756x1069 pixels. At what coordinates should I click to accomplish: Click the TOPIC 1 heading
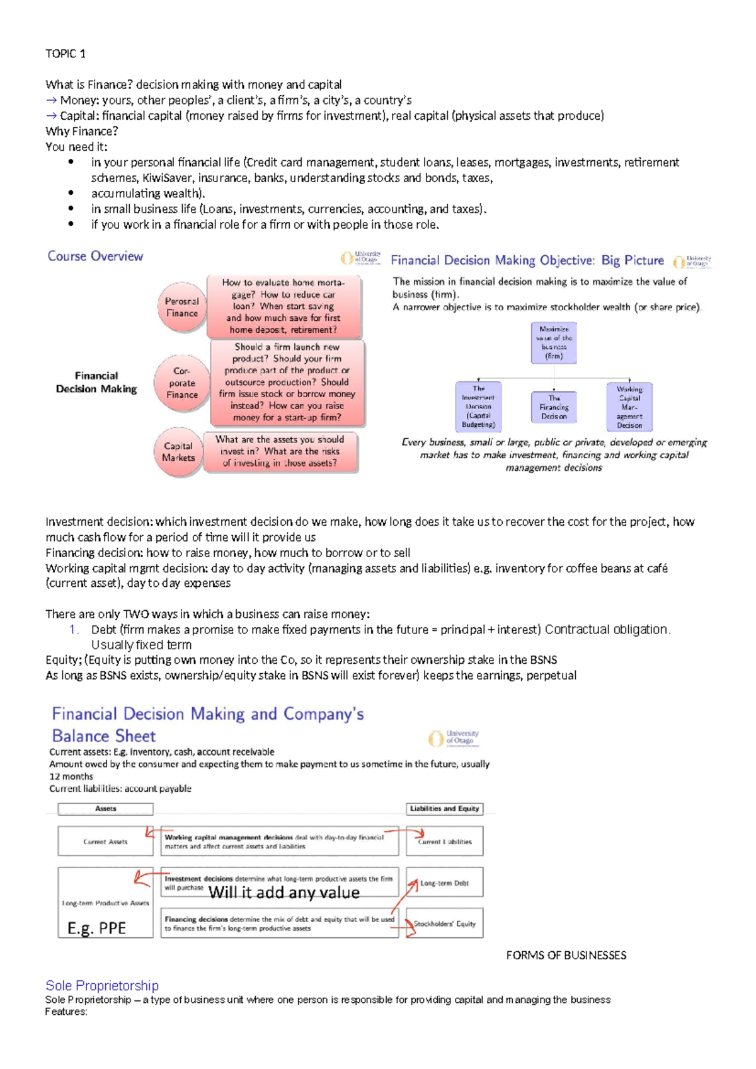tap(66, 54)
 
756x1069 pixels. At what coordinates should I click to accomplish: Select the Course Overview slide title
tap(95, 256)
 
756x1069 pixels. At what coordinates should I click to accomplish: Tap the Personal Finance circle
tap(182, 307)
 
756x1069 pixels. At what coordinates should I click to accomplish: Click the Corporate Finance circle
tap(182, 383)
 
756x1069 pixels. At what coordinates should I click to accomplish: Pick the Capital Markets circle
tap(178, 451)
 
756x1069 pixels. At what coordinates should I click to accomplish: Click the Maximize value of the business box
tap(554, 343)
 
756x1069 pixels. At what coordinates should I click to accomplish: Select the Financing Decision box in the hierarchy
tap(554, 407)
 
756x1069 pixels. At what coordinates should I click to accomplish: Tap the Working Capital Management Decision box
tap(629, 407)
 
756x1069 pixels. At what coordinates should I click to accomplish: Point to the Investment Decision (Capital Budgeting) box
tap(478, 407)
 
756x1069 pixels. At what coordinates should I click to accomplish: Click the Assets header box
tap(105, 809)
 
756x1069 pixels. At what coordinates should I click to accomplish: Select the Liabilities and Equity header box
tap(444, 809)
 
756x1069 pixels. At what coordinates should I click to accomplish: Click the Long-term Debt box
tap(444, 883)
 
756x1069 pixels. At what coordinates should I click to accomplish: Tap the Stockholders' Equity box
tap(444, 923)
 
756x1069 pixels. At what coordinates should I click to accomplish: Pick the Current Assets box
tap(105, 841)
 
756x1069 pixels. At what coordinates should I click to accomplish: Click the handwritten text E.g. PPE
tap(96, 928)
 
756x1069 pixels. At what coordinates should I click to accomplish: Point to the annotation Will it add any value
tap(284, 892)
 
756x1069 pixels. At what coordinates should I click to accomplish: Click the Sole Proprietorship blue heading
tap(102, 985)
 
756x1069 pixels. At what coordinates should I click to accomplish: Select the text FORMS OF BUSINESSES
tap(566, 956)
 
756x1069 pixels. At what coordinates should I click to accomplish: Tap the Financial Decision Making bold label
tap(96, 382)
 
